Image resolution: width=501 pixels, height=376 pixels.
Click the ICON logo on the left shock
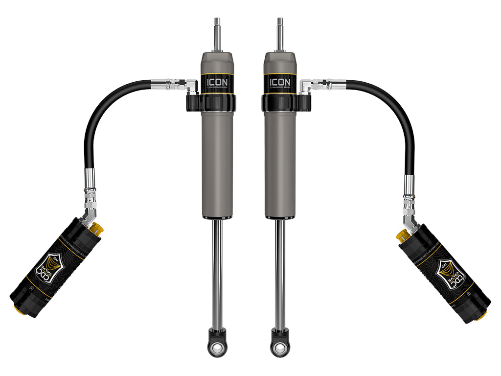216,82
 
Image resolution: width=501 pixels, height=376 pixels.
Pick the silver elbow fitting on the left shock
191,86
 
